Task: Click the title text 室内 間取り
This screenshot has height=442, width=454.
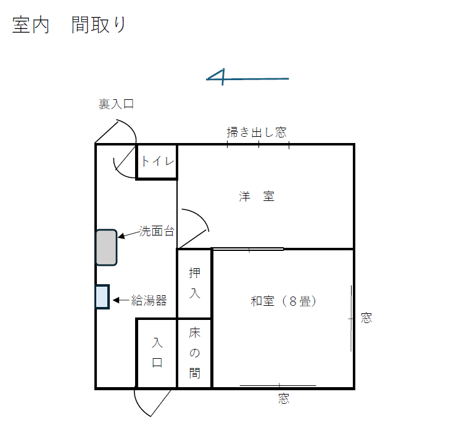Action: click(69, 25)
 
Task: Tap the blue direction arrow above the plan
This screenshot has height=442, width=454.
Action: click(247, 78)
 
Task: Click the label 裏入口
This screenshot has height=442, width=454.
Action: click(116, 104)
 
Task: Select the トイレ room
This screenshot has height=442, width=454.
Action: click(157, 162)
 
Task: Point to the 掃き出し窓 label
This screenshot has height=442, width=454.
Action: click(256, 132)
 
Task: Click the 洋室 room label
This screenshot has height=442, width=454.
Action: click(257, 197)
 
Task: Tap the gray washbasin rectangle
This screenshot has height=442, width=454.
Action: click(106, 247)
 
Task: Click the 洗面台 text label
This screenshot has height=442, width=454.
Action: click(156, 232)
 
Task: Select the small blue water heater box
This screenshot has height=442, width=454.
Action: click(102, 297)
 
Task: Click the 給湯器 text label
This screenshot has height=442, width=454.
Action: click(149, 301)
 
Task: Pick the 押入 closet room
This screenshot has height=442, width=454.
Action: click(194, 283)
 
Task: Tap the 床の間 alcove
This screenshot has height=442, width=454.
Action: click(194, 353)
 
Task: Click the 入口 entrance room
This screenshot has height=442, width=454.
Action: click(157, 353)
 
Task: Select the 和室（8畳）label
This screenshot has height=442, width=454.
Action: click(284, 301)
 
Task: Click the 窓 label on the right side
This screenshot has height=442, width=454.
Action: click(366, 318)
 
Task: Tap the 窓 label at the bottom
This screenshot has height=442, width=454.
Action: click(283, 399)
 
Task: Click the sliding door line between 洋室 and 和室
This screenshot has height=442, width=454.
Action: click(248, 249)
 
